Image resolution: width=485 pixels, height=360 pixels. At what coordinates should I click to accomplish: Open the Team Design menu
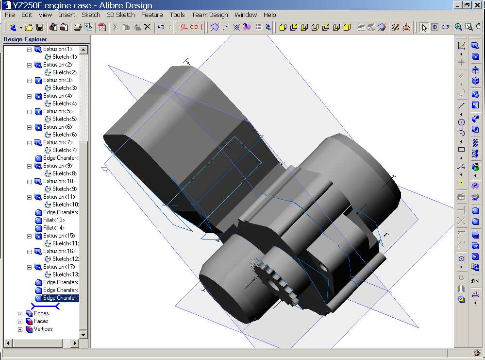click(209, 15)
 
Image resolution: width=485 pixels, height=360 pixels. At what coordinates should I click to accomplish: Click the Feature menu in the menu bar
click(152, 15)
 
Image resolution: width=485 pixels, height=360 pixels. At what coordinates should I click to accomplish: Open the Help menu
click(269, 15)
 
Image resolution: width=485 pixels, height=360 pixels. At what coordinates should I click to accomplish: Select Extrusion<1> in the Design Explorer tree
click(58, 49)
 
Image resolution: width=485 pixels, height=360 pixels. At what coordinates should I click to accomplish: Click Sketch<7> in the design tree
click(65, 150)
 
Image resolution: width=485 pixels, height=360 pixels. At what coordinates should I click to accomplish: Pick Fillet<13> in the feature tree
click(54, 220)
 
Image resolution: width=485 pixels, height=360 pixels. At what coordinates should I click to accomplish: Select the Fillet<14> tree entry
click(54, 228)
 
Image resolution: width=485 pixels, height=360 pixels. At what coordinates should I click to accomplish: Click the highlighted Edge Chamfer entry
click(61, 298)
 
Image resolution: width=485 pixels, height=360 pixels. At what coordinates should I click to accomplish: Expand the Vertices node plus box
click(20, 329)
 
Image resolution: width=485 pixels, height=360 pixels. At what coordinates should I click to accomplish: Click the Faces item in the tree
click(41, 321)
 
